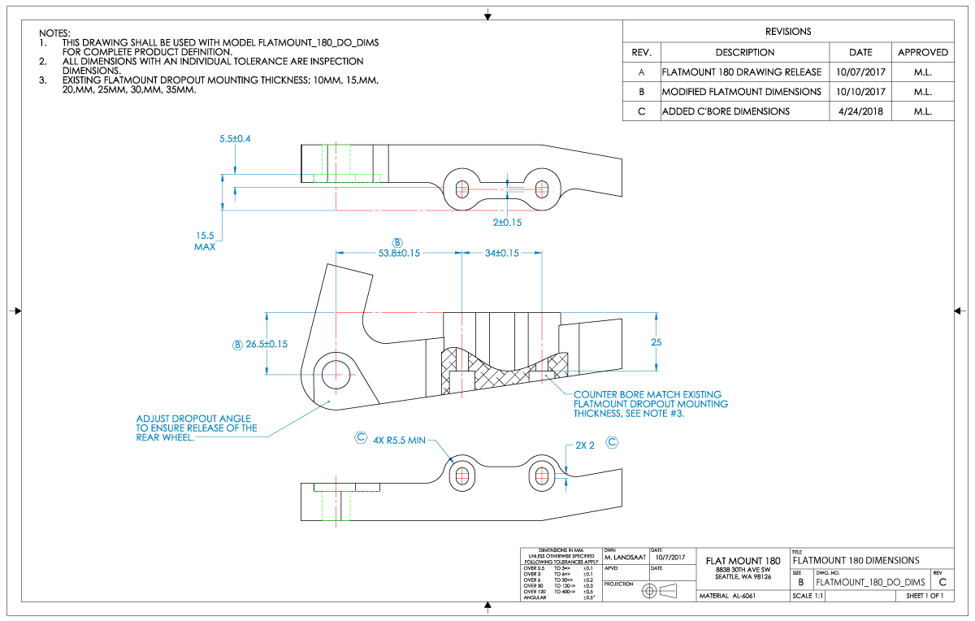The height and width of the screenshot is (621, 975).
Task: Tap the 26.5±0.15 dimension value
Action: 267,344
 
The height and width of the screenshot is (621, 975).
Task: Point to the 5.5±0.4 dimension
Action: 235,139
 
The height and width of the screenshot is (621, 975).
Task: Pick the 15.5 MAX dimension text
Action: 205,241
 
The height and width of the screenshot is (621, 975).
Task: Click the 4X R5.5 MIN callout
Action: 399,440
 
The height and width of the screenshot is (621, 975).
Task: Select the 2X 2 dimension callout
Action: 586,445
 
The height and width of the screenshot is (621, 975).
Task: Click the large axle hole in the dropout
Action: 334,375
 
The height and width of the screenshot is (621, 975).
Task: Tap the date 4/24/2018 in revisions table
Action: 860,111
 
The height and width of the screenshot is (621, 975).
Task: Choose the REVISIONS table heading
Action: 788,32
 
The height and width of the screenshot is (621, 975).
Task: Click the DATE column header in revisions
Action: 860,52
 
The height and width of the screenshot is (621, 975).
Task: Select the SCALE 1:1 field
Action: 808,596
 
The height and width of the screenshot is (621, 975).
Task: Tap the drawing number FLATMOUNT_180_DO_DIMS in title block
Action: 870,582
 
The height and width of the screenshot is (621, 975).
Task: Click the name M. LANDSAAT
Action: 625,558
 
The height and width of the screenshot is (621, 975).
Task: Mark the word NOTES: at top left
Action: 54,33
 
